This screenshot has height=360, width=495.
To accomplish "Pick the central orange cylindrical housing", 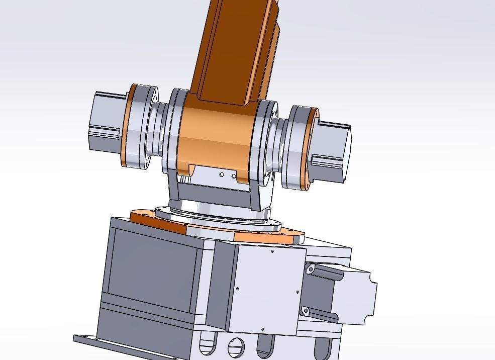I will pyautogui.click(x=216, y=136).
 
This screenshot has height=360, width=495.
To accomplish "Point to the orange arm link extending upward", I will pyautogui.click(x=236, y=50).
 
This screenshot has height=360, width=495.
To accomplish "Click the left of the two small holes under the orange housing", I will pyautogui.click(x=222, y=174).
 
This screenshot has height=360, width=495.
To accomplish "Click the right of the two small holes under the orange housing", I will pyautogui.click(x=234, y=176).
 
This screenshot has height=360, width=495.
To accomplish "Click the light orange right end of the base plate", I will pyautogui.click(x=271, y=237).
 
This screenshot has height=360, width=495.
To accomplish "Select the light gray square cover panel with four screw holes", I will pyautogui.click(x=269, y=289).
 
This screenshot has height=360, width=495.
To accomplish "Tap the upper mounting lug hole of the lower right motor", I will pyautogui.click(x=311, y=270).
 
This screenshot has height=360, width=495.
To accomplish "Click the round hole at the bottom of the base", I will pyautogui.click(x=236, y=347).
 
